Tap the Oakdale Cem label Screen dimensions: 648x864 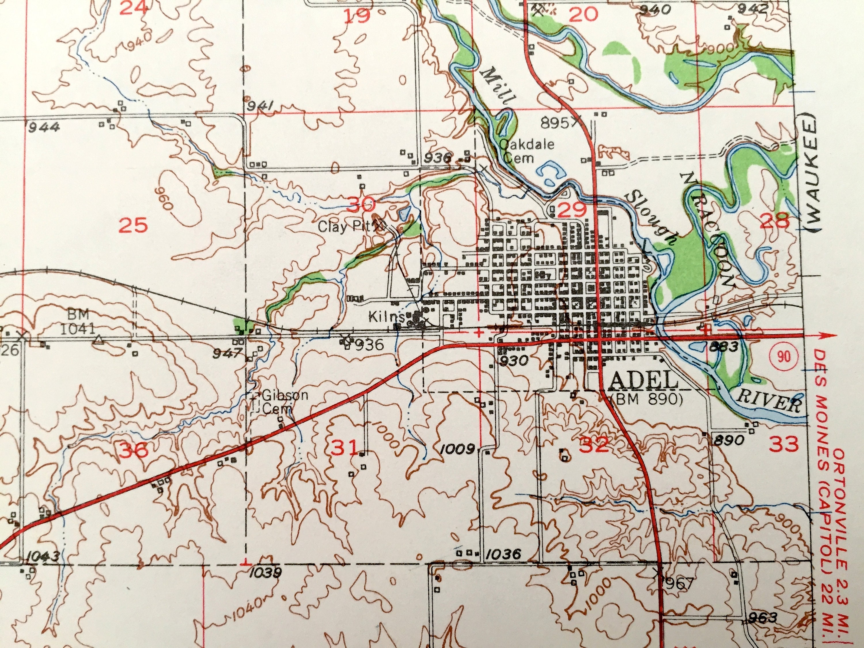[x=526, y=151]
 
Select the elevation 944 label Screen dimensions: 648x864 [x=44, y=127]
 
